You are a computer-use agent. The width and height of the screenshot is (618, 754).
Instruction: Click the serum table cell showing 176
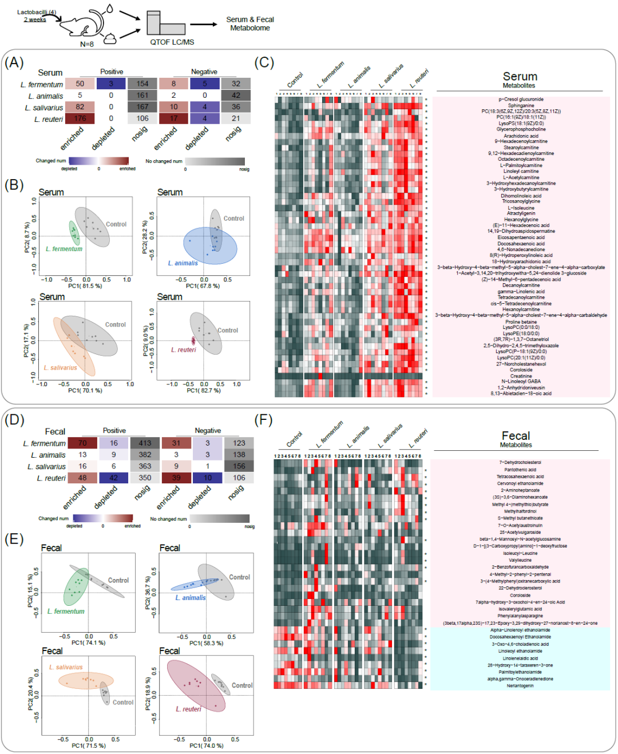click(x=80, y=118)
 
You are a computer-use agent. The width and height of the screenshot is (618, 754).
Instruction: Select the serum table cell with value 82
click(x=80, y=107)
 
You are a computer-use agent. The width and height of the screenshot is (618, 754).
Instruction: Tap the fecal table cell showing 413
click(x=145, y=443)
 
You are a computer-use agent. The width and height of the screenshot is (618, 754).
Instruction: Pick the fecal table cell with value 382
click(x=145, y=455)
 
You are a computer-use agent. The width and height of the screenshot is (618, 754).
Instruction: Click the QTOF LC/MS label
click(x=172, y=42)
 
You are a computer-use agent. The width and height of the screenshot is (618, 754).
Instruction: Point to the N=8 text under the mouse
click(x=86, y=44)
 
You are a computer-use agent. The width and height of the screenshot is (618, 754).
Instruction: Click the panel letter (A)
click(x=14, y=62)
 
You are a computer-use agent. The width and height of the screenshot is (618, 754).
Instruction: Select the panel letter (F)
click(x=263, y=420)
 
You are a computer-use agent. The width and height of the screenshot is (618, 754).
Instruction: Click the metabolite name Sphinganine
click(x=521, y=105)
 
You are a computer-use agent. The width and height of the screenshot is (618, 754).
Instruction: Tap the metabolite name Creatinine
click(x=521, y=376)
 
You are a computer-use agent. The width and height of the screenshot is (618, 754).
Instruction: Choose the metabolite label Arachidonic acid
click(x=521, y=136)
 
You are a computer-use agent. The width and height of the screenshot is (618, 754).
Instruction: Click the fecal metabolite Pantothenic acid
click(x=520, y=470)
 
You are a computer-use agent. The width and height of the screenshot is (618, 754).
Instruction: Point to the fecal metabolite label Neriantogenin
click(x=520, y=686)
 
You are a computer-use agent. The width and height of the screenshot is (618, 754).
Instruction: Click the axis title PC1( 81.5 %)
click(x=85, y=286)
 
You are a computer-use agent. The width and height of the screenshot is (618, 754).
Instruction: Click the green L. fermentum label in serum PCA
click(x=64, y=249)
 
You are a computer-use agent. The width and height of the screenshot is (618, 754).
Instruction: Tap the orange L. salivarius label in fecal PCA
click(x=66, y=667)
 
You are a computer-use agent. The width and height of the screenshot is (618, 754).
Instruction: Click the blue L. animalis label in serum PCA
click(x=183, y=263)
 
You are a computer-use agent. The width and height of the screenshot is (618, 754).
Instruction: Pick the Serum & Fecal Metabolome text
click(x=250, y=23)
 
